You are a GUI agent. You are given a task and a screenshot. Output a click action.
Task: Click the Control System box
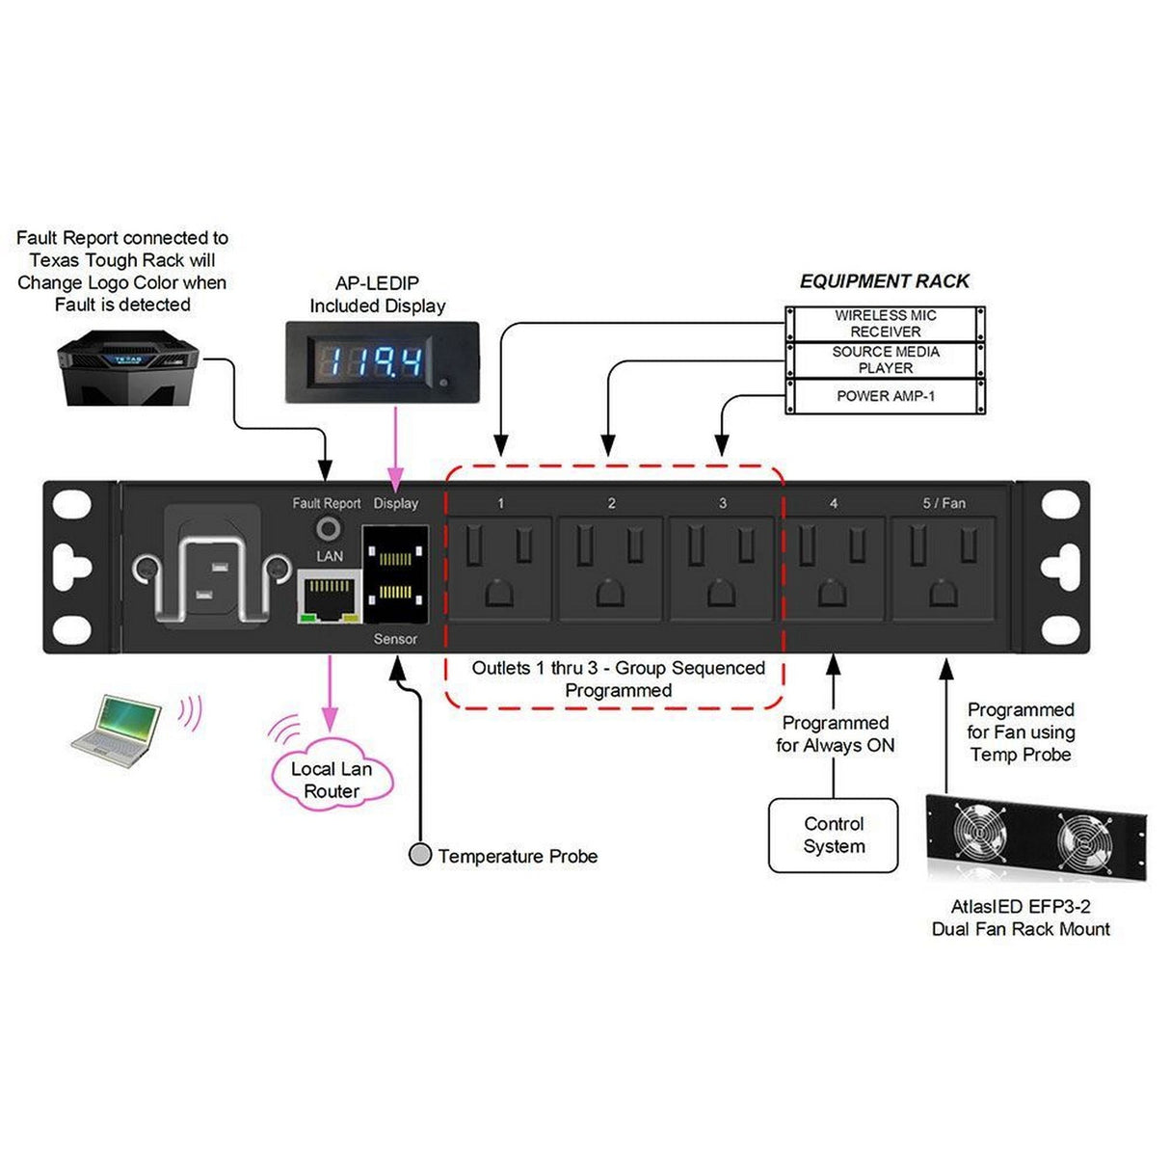(x=833, y=835)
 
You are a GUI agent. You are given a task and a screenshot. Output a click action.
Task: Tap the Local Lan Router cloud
(x=332, y=779)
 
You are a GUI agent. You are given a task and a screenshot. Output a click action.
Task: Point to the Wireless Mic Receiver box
(x=885, y=323)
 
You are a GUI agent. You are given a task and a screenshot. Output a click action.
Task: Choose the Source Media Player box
(x=885, y=359)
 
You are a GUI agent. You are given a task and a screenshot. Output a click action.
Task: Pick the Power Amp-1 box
(x=885, y=396)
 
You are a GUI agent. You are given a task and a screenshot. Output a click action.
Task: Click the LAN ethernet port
(x=329, y=595)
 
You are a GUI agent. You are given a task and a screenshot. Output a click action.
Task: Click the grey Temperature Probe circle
(x=420, y=855)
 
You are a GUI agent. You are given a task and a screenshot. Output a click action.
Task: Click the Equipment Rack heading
(x=884, y=281)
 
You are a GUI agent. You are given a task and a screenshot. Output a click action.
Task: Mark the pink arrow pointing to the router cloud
(x=330, y=694)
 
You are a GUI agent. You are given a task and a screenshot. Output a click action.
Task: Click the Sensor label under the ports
(x=395, y=639)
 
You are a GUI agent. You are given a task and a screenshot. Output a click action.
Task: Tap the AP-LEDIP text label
(x=377, y=283)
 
